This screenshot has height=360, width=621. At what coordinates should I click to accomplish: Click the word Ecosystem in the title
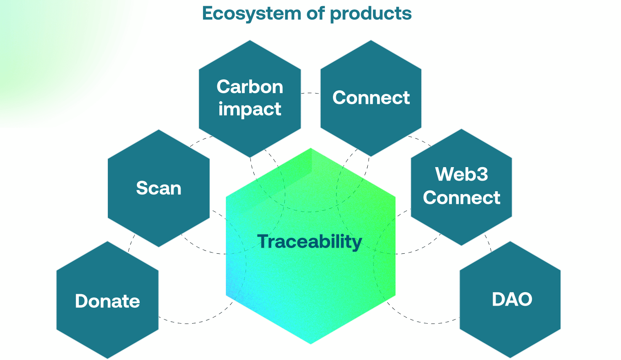[x=252, y=13]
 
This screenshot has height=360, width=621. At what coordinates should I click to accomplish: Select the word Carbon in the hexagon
[x=250, y=87]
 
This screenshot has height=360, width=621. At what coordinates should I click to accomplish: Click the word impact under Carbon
[x=250, y=109]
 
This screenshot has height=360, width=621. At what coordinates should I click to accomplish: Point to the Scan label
[x=159, y=188]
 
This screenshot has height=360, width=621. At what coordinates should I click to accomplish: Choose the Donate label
[x=107, y=302]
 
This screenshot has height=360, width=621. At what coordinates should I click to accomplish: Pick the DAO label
[x=512, y=300]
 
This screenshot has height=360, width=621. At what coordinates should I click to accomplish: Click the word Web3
[x=461, y=174]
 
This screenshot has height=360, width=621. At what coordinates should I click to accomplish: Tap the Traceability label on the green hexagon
[x=310, y=241]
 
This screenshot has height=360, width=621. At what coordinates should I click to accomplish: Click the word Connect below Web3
[x=461, y=198]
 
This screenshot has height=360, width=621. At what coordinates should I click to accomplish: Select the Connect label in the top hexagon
[x=371, y=98]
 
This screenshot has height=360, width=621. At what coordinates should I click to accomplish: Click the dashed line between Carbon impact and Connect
[x=310, y=93]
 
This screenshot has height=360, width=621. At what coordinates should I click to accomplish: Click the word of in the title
[x=315, y=13]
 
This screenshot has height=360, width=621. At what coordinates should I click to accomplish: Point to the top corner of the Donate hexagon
[x=107, y=241]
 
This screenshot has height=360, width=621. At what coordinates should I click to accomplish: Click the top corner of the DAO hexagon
[x=510, y=241]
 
